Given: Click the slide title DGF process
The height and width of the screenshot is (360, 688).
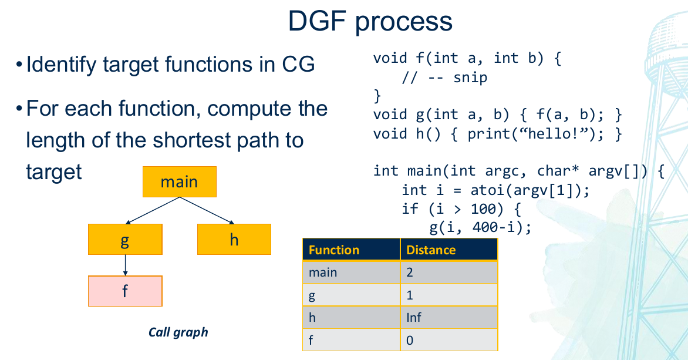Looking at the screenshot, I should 370,22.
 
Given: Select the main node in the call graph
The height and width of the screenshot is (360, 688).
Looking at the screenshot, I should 179,181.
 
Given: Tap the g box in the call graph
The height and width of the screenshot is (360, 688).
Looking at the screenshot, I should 124,240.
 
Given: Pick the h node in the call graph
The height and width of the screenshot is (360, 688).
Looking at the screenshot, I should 234,240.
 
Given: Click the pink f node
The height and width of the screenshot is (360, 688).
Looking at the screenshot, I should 124,291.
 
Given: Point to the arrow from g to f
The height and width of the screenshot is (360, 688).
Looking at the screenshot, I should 125,265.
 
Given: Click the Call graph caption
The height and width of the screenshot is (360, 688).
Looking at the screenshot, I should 178,332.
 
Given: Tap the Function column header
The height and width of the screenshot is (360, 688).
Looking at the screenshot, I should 333,250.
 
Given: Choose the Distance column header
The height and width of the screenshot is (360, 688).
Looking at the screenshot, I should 431,250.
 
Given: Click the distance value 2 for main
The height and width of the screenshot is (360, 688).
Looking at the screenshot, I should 410,272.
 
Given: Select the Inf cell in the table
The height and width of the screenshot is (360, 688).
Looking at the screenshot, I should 413,318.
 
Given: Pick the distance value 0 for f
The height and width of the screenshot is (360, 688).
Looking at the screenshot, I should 410,340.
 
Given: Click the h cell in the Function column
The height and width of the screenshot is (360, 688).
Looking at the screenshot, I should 312,318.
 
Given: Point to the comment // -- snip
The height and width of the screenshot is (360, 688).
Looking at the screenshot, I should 444,78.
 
